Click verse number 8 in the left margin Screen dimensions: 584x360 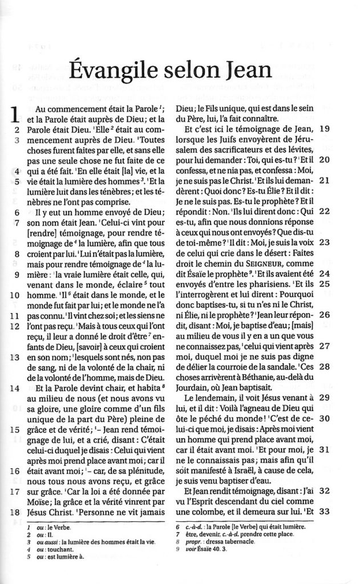[18, 255]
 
